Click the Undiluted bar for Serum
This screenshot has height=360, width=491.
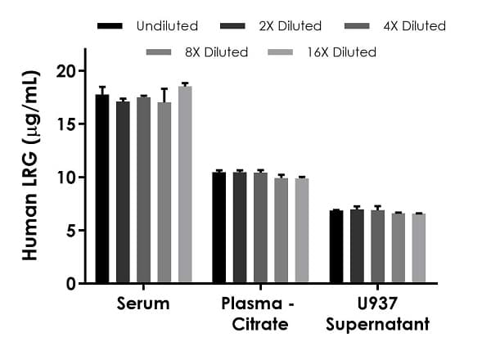pyautogui.click(x=102, y=189)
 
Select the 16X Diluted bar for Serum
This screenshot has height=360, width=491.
pyautogui.click(x=185, y=185)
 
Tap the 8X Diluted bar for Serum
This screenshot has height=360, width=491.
pyautogui.click(x=164, y=193)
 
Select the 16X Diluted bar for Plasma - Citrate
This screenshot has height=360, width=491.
pyautogui.click(x=302, y=231)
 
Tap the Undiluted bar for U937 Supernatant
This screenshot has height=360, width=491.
pyautogui.click(x=336, y=247)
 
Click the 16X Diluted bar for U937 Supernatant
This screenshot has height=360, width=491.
pyautogui.click(x=419, y=249)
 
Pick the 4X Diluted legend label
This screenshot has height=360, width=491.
pyautogui.click(x=413, y=26)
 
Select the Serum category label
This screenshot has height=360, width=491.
pyautogui.click(x=143, y=304)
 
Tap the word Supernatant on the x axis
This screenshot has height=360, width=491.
pyautogui.click(x=377, y=325)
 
